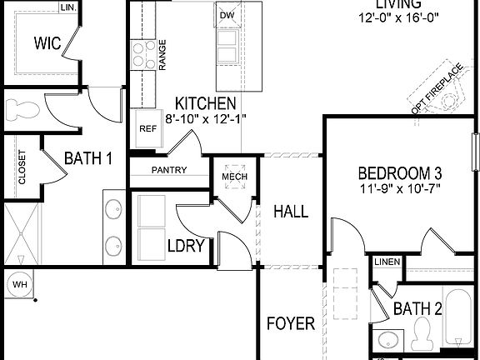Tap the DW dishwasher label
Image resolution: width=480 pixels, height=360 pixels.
tap(227, 16)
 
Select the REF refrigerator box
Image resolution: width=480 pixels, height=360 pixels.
tap(147, 129)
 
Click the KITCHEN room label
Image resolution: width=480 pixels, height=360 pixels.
tap(204, 104)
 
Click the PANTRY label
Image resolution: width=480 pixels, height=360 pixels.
tap(168, 170)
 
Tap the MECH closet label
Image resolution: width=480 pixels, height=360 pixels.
tap(231, 176)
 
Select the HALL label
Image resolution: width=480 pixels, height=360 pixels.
tap(291, 212)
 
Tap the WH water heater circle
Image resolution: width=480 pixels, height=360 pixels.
tap(18, 285)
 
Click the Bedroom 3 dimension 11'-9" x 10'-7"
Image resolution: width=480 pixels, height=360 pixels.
tap(399, 189)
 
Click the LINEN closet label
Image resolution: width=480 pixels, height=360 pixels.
tap(387, 262)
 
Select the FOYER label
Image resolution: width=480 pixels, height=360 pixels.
tap(291, 322)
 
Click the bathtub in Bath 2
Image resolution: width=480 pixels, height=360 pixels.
tap(457, 321)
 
